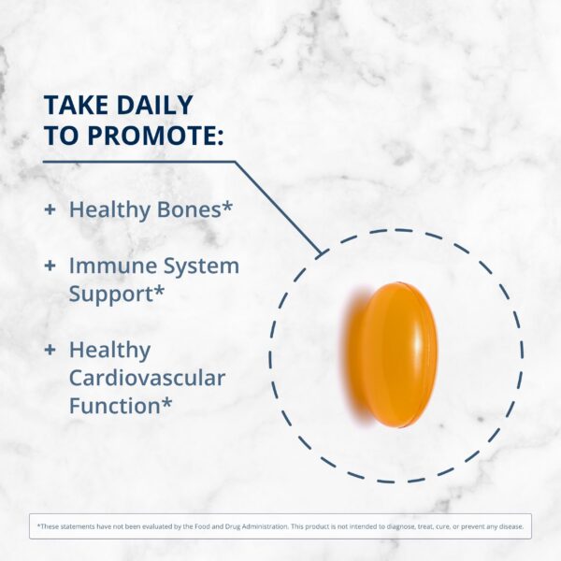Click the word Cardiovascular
point(147,378)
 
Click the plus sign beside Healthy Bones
point(50,209)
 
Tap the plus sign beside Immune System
point(50,266)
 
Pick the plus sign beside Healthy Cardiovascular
point(50,350)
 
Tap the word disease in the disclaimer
point(511,526)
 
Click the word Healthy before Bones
point(105,209)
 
